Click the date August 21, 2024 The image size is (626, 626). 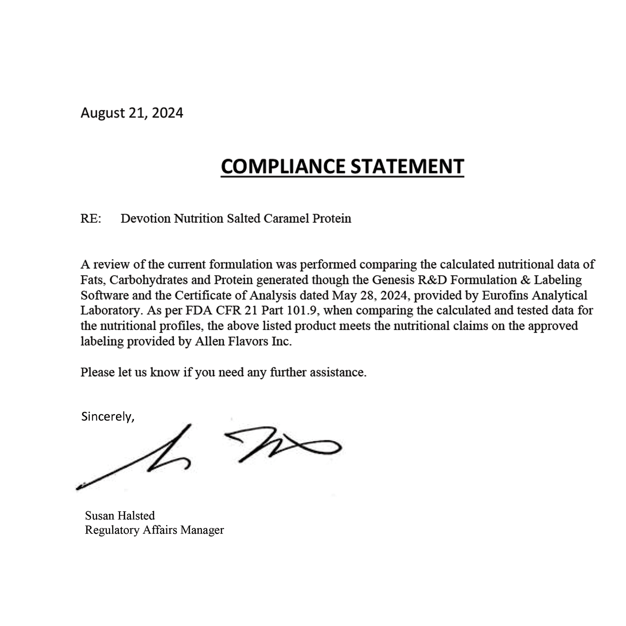pyautogui.click(x=131, y=113)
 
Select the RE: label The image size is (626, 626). pyautogui.click(x=91, y=219)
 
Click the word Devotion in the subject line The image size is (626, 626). pyautogui.click(x=145, y=219)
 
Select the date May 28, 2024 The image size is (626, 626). pyautogui.click(x=368, y=295)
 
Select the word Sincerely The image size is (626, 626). pyautogui.click(x=107, y=416)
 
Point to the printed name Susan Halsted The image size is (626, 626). pyautogui.click(x=120, y=515)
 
